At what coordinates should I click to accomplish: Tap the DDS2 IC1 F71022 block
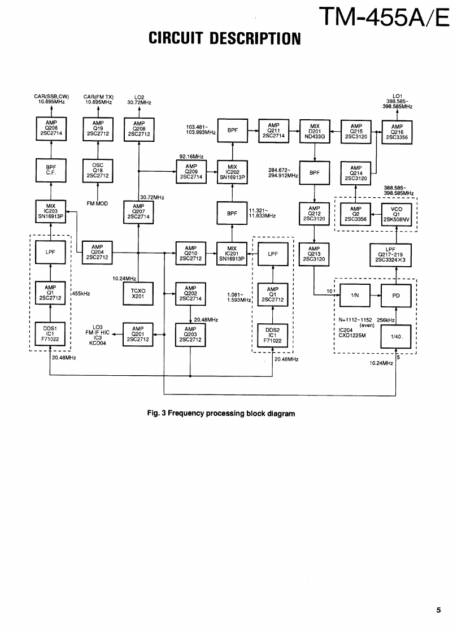coord(273,334)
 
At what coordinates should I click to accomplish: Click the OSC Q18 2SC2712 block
coord(98,171)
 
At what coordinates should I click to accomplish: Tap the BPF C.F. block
coord(51,171)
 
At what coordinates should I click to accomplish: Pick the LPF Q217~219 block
coord(391,253)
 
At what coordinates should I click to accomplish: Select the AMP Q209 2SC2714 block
coord(190,171)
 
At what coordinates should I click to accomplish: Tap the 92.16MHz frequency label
coord(191,155)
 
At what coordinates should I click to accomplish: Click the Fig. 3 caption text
coord(220,414)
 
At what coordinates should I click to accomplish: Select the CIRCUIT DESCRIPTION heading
coord(224,38)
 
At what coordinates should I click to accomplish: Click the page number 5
coord(438,610)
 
